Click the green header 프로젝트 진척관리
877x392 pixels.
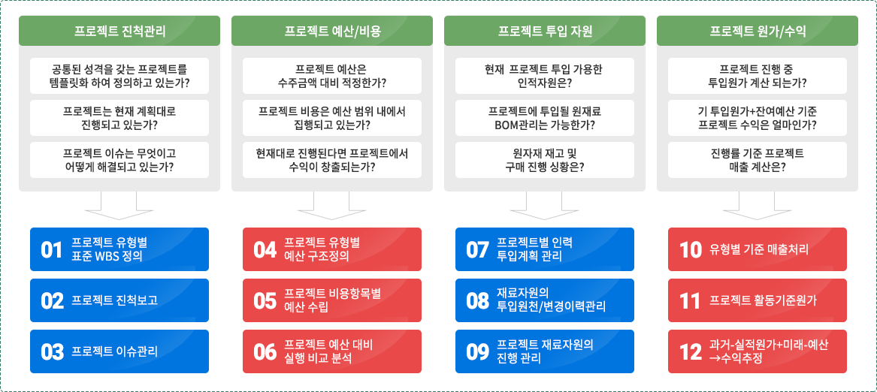119,31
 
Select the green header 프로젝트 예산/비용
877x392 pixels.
331,31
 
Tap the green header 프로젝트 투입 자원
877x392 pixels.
544,31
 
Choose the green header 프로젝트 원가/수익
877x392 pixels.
758,31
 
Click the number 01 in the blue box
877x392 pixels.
51,250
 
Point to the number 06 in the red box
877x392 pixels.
265,351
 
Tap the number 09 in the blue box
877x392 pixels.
478,351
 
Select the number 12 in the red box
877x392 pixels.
690,351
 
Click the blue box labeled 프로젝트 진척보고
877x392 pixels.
119,300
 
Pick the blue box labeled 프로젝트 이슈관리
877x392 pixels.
119,351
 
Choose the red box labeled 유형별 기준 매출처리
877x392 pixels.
758,249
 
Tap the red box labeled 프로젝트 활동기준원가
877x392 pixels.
758,300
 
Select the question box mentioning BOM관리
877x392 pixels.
544,118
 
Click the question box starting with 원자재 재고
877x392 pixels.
544,160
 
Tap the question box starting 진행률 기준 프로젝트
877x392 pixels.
758,160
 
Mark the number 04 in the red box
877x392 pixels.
265,250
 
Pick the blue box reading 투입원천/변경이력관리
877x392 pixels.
544,300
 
